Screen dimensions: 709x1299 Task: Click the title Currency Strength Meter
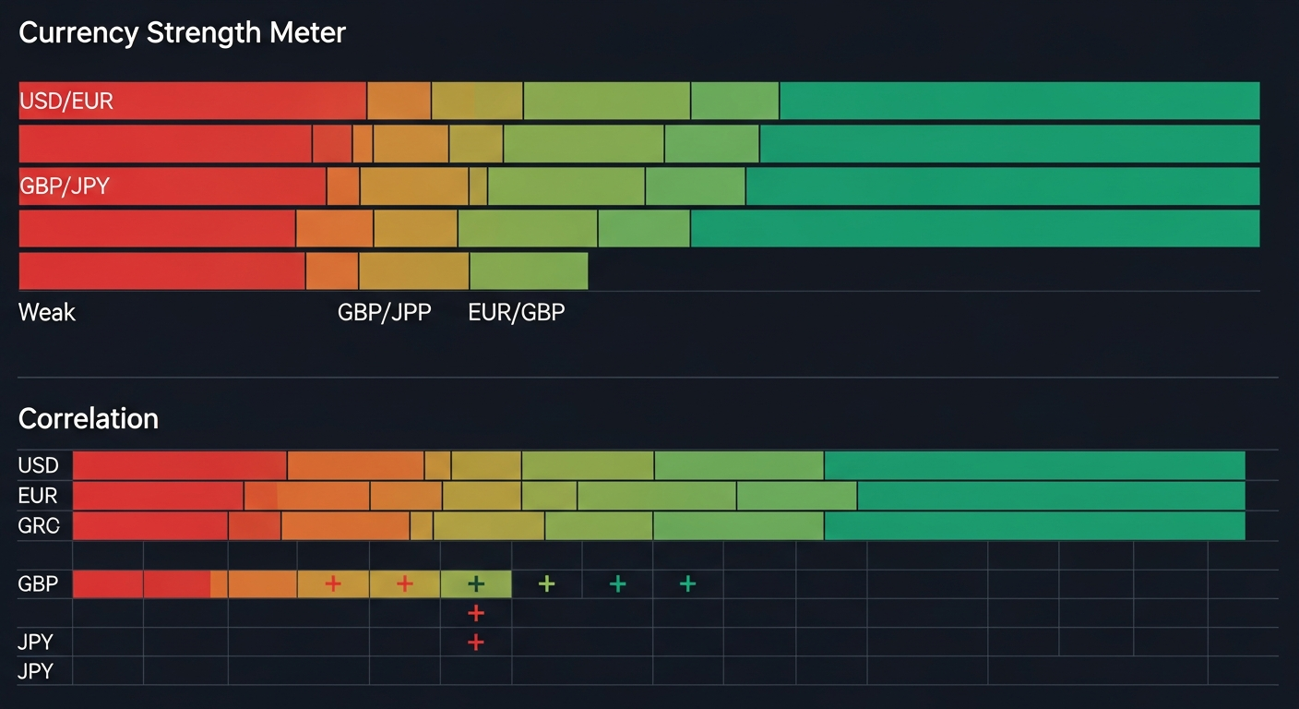pyautogui.click(x=182, y=33)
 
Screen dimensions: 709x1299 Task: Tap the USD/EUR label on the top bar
pyautogui.click(x=66, y=101)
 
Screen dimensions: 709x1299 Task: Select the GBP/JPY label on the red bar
pyautogui.click(x=65, y=186)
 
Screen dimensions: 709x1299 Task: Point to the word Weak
pyautogui.click(x=47, y=312)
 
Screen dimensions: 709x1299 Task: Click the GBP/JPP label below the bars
pyautogui.click(x=384, y=312)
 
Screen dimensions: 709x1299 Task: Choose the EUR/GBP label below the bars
pyautogui.click(x=517, y=312)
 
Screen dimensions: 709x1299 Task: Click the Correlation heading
pyautogui.click(x=89, y=419)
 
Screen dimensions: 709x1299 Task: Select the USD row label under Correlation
pyautogui.click(x=38, y=465)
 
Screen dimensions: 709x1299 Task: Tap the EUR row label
pyautogui.click(x=38, y=496)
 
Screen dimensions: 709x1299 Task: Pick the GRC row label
pyautogui.click(x=38, y=526)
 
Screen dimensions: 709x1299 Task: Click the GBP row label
pyautogui.click(x=38, y=584)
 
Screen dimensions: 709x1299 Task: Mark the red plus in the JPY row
pyautogui.click(x=476, y=643)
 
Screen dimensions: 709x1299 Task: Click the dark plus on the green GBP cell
pyautogui.click(x=476, y=583)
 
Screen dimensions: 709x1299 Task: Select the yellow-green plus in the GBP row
pyautogui.click(x=547, y=583)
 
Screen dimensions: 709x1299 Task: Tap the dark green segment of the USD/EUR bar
pyautogui.click(x=1019, y=101)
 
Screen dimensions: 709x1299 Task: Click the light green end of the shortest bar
pyautogui.click(x=529, y=270)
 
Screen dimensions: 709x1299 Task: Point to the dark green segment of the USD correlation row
pyautogui.click(x=1034, y=465)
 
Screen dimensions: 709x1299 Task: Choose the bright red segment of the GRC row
pyautogui.click(x=150, y=526)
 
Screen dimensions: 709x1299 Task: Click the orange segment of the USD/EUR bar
pyautogui.click(x=399, y=101)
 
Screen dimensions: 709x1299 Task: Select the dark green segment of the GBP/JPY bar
pyautogui.click(x=1002, y=186)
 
